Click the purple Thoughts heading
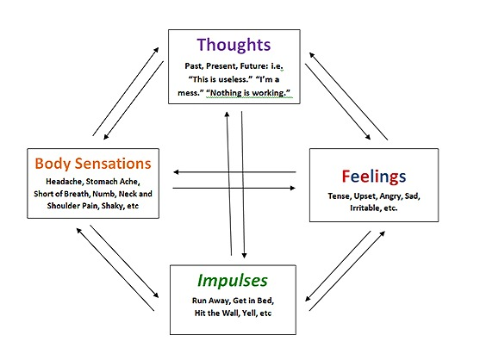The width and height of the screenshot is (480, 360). point(234,45)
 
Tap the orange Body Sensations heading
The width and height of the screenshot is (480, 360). point(93,164)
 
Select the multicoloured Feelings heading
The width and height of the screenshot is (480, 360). point(374,177)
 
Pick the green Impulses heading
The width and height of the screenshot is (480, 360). point(233,281)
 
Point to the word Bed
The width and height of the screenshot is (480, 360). point(265,301)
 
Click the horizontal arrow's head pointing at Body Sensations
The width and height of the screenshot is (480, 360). point(176,172)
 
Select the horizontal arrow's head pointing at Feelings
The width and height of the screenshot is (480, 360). point(293,188)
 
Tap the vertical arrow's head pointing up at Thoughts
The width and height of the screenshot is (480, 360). point(227,115)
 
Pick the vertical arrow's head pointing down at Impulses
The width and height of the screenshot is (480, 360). point(244,256)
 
